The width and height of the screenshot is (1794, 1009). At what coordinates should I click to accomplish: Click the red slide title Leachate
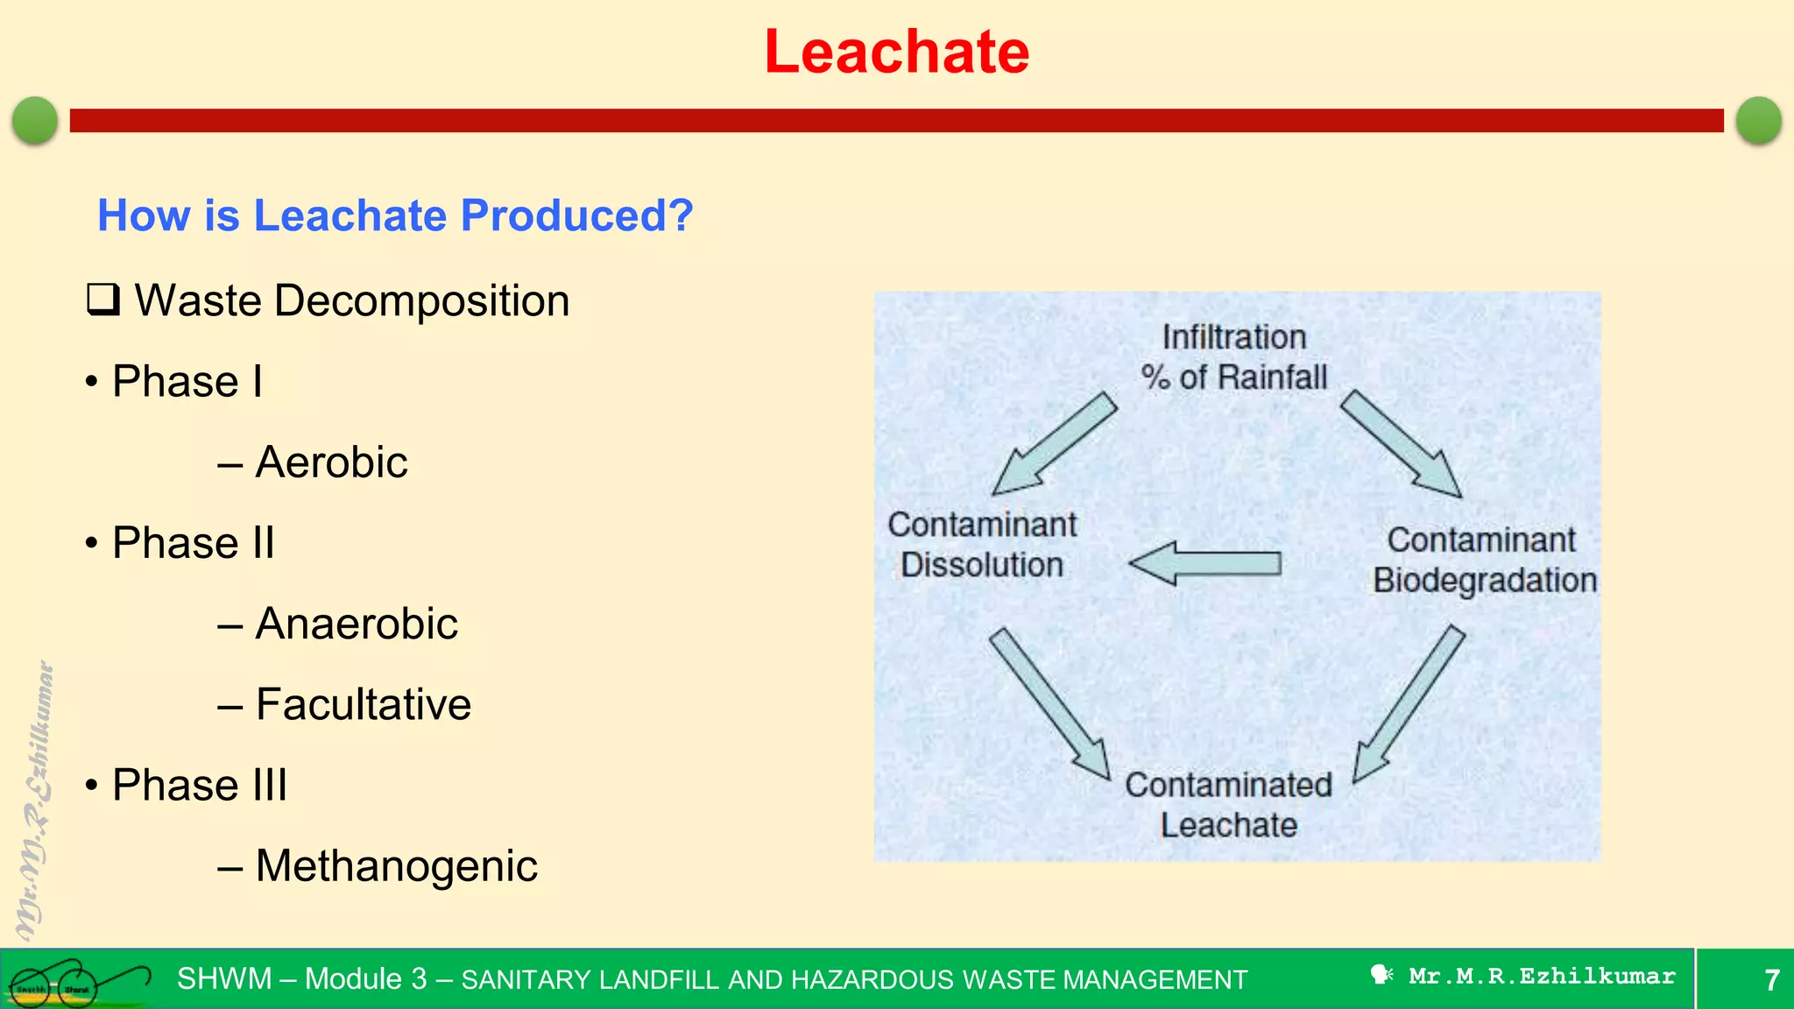point(896,52)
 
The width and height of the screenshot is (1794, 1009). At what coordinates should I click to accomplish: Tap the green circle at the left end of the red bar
point(35,120)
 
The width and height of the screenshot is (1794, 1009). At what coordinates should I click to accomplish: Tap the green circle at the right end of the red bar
point(1758,120)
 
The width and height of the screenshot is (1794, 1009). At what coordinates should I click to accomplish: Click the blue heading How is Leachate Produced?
point(395,215)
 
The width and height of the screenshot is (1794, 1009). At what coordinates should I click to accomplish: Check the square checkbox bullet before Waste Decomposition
point(102,300)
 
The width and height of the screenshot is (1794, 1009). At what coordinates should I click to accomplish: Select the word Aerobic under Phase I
point(331,462)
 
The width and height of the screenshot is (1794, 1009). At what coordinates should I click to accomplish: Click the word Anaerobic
point(356,624)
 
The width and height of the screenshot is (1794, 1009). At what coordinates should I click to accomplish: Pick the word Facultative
point(363,704)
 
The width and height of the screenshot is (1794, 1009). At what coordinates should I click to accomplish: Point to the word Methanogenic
point(396,866)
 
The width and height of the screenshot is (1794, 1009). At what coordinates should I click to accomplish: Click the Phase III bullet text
point(200,785)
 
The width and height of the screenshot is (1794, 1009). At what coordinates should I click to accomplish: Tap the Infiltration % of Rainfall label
point(1233,357)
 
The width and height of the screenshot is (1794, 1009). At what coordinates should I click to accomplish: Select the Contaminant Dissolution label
point(982,545)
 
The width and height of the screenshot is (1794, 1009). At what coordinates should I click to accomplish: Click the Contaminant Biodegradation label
point(1484,561)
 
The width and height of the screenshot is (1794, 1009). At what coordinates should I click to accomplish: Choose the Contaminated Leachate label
point(1228,805)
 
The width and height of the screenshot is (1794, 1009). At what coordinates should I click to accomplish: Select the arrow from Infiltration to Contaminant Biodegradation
point(1400,443)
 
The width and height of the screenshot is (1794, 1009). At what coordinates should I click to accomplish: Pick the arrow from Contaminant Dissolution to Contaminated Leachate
point(1049,703)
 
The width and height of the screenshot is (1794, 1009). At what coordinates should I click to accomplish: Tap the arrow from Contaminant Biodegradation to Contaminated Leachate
point(1408,703)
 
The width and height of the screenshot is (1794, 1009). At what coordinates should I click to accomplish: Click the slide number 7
point(1771,980)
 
